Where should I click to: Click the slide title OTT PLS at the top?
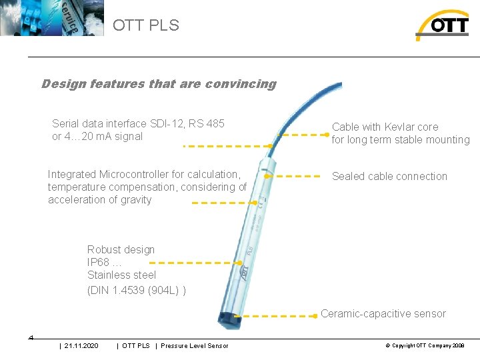146,25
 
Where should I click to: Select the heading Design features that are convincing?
159,84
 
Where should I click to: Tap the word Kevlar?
398,127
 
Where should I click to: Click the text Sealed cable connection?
389,177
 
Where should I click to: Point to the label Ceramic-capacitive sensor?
383,314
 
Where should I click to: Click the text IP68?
99,262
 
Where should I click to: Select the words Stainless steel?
121,275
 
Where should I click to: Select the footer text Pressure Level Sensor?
194,345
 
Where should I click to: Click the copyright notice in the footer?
425,345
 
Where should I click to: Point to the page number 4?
31,337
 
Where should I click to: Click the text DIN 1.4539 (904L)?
136,290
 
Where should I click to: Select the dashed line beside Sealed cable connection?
298,177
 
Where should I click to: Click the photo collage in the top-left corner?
52,18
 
